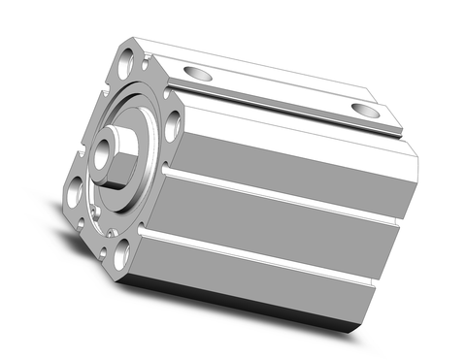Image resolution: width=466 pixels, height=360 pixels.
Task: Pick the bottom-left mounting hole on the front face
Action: click(x=74, y=192)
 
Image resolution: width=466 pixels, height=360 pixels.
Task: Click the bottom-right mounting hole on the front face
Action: click(x=121, y=255)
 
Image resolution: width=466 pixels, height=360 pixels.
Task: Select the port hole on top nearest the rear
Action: click(x=365, y=110)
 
